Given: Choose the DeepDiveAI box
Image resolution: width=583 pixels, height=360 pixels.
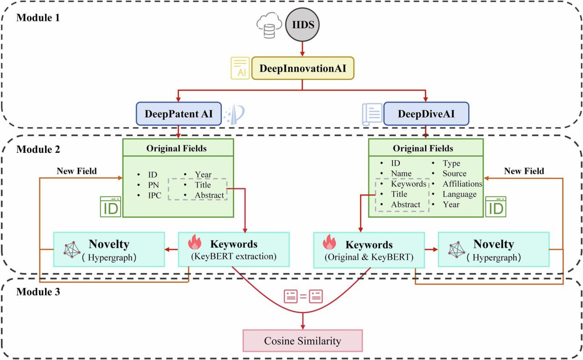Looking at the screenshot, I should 425,113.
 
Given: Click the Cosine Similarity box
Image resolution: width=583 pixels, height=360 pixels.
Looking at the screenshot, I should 303,341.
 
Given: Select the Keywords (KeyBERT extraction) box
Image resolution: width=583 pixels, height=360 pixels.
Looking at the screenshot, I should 233,249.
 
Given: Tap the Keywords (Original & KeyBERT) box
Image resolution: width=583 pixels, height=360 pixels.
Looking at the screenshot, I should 369,249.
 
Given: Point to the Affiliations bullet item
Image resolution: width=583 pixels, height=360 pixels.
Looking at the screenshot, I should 462,184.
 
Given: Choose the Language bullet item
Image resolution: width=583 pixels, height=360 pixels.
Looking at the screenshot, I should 459,194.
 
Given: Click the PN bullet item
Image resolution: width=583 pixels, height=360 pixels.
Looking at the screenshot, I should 153,185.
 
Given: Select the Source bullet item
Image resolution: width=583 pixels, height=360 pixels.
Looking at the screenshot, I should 454,173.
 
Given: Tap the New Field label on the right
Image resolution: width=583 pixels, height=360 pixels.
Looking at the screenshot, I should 524,171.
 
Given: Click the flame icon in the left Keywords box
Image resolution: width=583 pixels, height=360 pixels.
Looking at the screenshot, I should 195,243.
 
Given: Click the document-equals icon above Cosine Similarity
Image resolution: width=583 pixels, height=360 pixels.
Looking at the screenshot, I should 303,297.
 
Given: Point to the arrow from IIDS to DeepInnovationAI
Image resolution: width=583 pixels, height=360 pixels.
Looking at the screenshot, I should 302,48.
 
